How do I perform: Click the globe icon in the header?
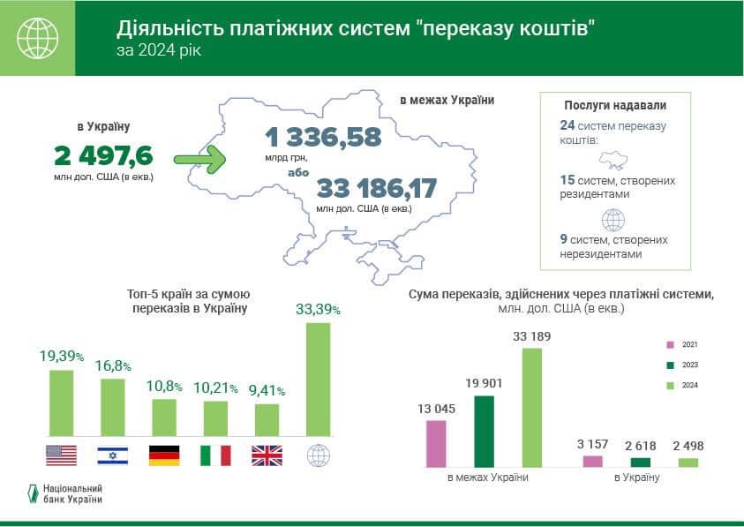(x=37, y=38)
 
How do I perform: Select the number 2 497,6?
(x=103, y=156)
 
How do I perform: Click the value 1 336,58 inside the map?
(x=322, y=137)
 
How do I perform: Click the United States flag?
(x=61, y=455)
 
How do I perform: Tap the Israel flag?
(x=112, y=455)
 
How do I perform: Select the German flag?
(x=164, y=455)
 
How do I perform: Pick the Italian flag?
(x=215, y=455)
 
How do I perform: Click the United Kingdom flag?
(x=267, y=455)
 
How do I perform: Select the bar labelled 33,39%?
(x=318, y=379)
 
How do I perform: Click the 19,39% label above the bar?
(x=61, y=357)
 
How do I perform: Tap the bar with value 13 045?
(x=436, y=443)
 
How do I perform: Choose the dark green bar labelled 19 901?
(x=484, y=431)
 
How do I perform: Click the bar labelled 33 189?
(x=532, y=407)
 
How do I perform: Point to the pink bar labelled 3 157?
(x=593, y=461)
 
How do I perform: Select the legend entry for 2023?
(x=680, y=365)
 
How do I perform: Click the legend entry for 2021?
(x=680, y=344)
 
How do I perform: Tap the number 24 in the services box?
(x=567, y=125)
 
